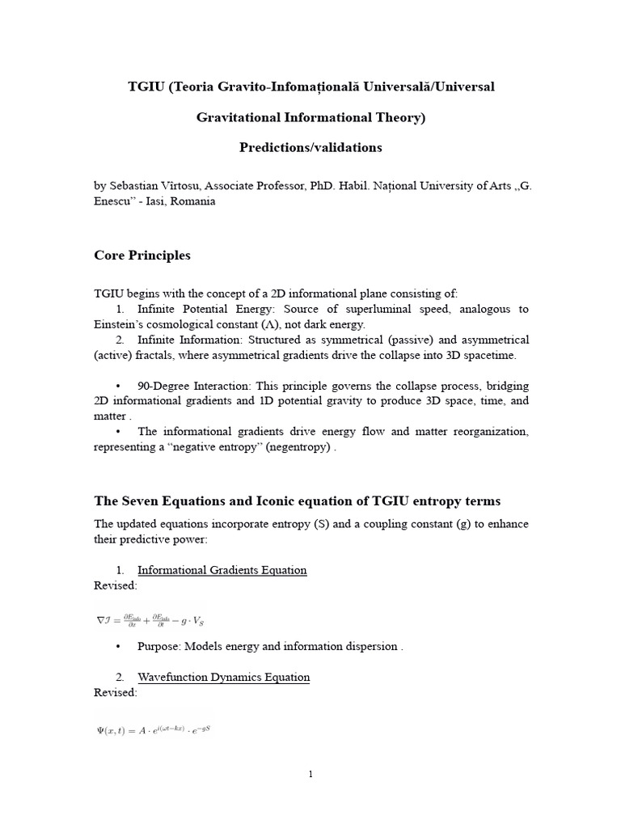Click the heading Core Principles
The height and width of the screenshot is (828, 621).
pos(142,256)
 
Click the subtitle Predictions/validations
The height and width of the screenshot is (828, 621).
pos(310,148)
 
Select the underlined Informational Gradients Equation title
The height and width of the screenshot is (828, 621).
pos(222,570)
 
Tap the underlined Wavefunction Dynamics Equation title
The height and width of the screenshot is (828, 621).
pos(223,677)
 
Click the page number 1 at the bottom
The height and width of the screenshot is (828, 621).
pos(310,774)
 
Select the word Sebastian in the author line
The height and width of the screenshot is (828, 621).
pos(133,186)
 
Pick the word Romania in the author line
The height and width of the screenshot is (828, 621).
pos(192,201)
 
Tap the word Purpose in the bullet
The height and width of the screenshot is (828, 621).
pos(159,646)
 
